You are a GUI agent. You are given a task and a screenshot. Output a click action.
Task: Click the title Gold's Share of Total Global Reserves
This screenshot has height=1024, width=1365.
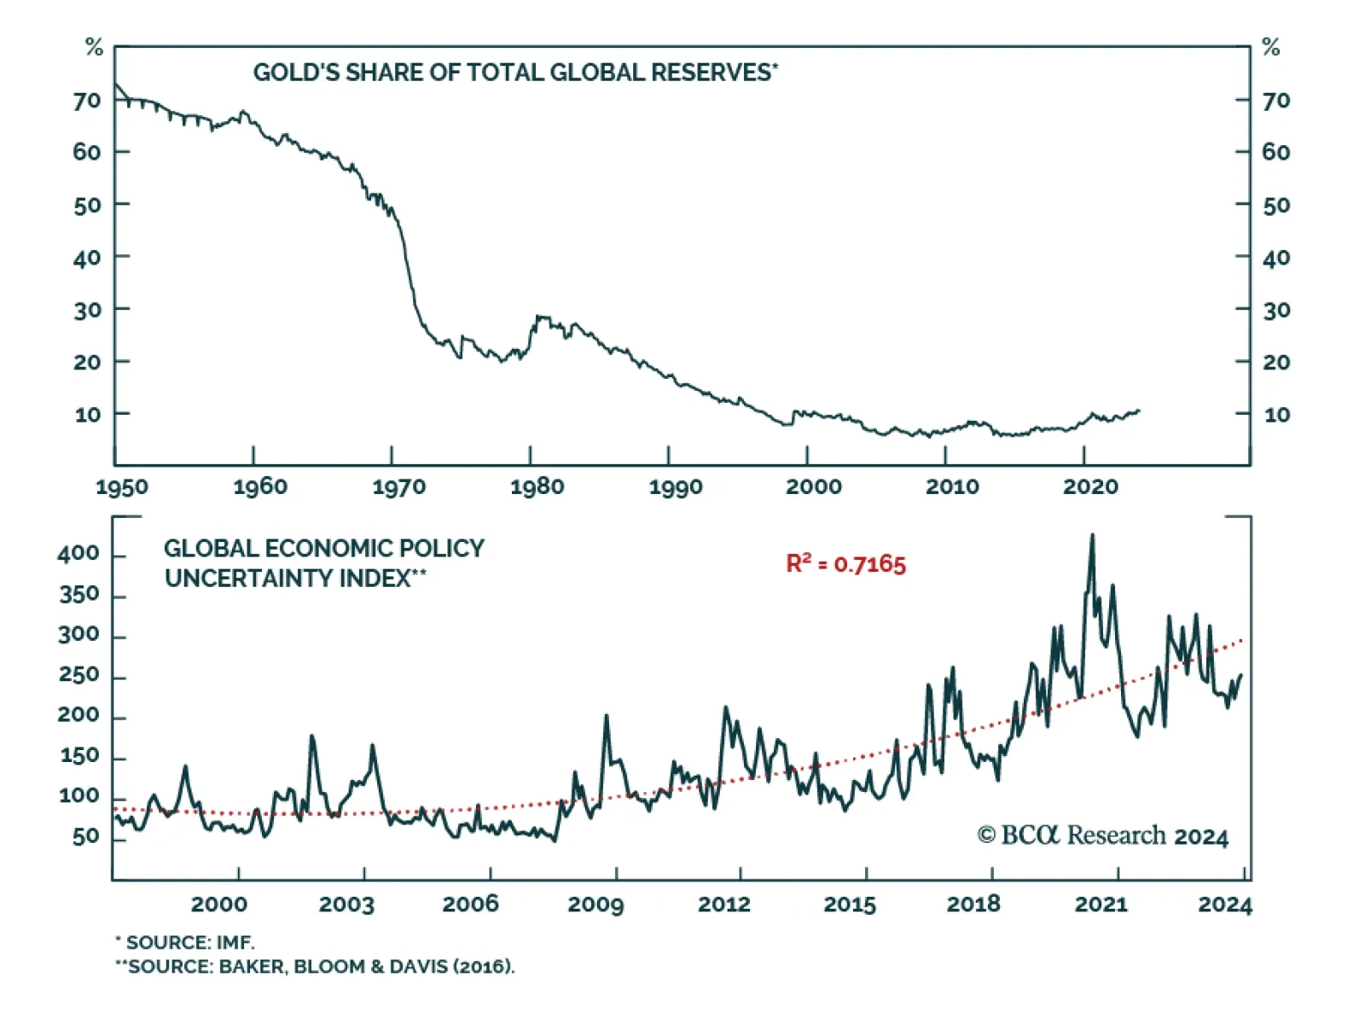point(515,73)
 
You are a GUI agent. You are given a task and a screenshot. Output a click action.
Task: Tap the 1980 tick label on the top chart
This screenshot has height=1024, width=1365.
point(537,487)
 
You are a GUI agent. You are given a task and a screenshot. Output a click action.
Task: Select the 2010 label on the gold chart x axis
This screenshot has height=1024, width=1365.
point(952,487)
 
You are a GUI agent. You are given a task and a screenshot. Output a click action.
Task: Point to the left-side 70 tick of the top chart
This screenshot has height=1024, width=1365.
point(87,102)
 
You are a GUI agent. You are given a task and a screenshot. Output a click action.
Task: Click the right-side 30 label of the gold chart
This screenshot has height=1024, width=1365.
point(1276,311)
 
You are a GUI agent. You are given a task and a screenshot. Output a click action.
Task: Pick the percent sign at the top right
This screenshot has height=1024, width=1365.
point(1271,48)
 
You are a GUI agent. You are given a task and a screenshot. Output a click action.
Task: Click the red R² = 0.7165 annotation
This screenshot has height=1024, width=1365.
point(845,564)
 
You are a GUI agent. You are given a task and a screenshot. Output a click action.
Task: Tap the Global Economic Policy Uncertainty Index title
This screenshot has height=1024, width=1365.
point(324,563)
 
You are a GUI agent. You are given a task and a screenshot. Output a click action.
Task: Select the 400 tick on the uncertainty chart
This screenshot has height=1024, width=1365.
point(78,554)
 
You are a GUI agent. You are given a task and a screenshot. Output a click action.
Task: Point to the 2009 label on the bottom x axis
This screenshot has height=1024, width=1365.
point(595,905)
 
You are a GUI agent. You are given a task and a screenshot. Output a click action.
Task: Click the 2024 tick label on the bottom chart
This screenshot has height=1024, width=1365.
point(1224,905)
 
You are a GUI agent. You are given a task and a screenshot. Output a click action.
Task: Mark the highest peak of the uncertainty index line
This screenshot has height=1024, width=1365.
point(1092,536)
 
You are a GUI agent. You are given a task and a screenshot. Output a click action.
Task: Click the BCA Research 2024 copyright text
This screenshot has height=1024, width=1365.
point(1102,835)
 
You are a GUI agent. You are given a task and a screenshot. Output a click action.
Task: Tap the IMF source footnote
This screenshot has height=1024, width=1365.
point(186,943)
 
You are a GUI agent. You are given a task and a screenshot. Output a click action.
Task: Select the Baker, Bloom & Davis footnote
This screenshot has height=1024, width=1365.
point(316,967)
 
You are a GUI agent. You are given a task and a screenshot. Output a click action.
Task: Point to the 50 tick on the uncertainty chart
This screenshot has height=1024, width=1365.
point(86,837)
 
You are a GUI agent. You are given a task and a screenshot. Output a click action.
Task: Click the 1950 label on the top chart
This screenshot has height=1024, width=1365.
point(121,487)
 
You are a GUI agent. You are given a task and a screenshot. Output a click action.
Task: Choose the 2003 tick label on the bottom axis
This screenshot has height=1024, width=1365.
point(346,905)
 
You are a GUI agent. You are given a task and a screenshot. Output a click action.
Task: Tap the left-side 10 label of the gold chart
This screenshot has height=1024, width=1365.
point(88,416)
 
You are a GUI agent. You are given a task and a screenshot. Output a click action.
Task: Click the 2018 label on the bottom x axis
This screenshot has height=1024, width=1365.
point(973,905)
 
